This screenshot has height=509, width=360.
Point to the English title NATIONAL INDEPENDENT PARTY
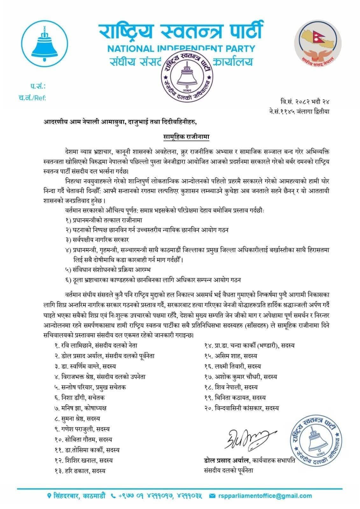tap(181, 49)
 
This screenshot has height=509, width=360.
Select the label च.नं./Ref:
tap(32, 98)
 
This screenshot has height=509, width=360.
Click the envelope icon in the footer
tap(213, 496)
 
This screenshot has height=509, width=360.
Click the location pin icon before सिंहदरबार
tap(49, 496)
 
